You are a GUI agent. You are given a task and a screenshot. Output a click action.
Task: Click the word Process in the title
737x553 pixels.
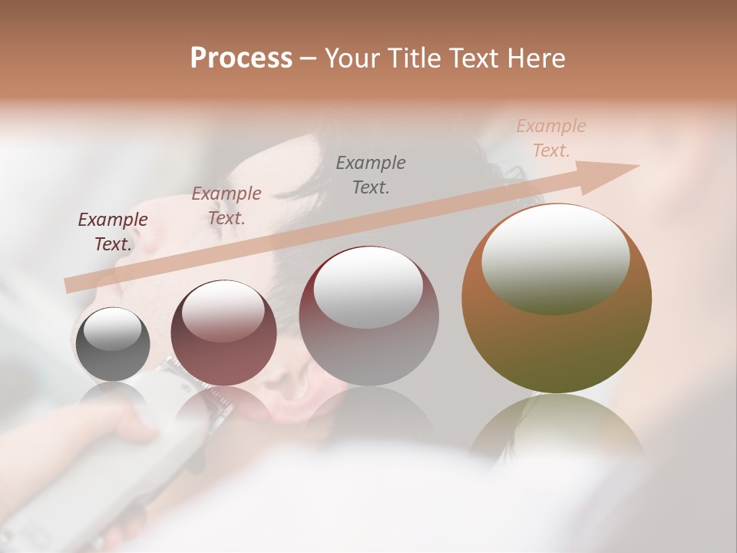(x=241, y=58)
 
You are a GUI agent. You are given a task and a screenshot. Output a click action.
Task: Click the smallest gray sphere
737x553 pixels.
(x=113, y=344)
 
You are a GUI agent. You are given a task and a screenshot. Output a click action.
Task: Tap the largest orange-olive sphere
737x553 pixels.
(x=556, y=338)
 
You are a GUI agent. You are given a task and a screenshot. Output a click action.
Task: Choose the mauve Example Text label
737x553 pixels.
(x=226, y=206)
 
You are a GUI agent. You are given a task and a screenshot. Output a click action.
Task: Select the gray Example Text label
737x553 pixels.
(x=371, y=174)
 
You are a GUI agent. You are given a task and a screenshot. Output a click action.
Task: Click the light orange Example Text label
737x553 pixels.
(x=551, y=138)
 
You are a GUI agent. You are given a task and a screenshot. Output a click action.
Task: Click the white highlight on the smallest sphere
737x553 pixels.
(x=113, y=329)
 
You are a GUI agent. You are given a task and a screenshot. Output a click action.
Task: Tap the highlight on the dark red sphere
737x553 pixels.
(x=223, y=310)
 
